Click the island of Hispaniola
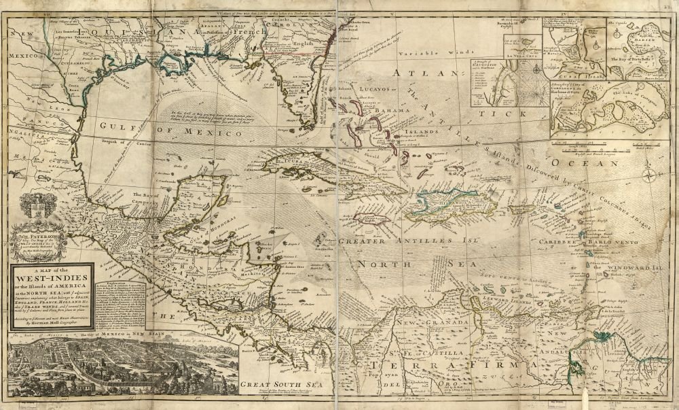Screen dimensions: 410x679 [x=442, y=204]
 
